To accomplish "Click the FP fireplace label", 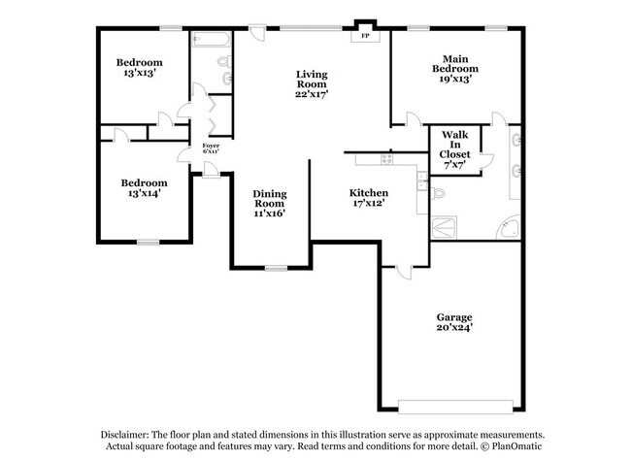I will [365, 37].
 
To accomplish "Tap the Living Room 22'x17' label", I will [312, 84].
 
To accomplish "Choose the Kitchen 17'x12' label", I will [370, 199].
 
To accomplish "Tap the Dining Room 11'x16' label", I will [270, 204].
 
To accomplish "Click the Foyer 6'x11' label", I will [211, 149].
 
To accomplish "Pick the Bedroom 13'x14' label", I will [144, 188].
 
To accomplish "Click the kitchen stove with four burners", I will [386, 158].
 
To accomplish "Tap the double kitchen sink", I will [421, 180].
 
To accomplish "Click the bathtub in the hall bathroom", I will [212, 40].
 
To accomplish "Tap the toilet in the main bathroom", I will [440, 193].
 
